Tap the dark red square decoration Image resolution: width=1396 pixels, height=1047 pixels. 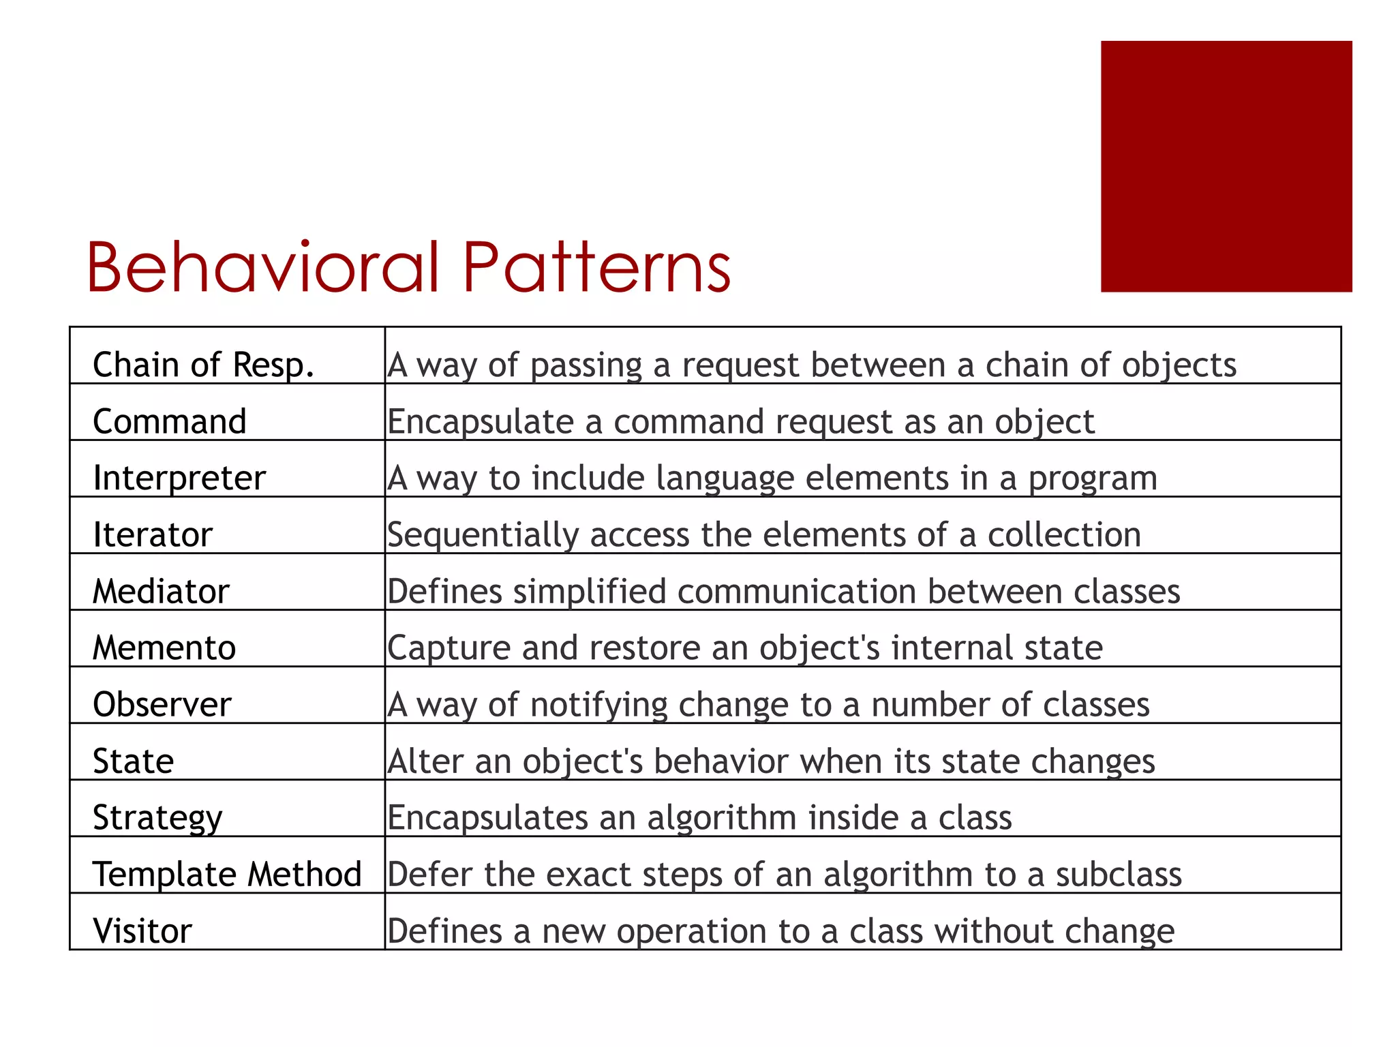(x=1226, y=166)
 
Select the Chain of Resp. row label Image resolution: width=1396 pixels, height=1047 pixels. (x=203, y=365)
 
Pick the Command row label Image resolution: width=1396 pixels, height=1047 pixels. (x=169, y=421)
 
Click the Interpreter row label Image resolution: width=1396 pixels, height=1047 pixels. (x=179, y=478)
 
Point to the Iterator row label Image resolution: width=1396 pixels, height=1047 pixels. (x=153, y=534)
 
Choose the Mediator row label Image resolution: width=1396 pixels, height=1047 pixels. (x=161, y=591)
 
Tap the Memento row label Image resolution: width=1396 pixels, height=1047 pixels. (x=164, y=648)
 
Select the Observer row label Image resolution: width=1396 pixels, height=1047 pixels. (x=162, y=704)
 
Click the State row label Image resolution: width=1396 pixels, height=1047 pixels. (x=133, y=761)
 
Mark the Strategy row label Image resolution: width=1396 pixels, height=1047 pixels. (x=157, y=817)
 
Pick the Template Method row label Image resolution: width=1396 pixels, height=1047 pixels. (x=227, y=874)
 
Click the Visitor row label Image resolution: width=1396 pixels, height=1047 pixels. (x=142, y=930)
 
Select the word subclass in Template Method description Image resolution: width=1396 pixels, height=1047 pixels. (x=1119, y=874)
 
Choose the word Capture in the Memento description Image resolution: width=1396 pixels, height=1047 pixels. (x=449, y=648)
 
